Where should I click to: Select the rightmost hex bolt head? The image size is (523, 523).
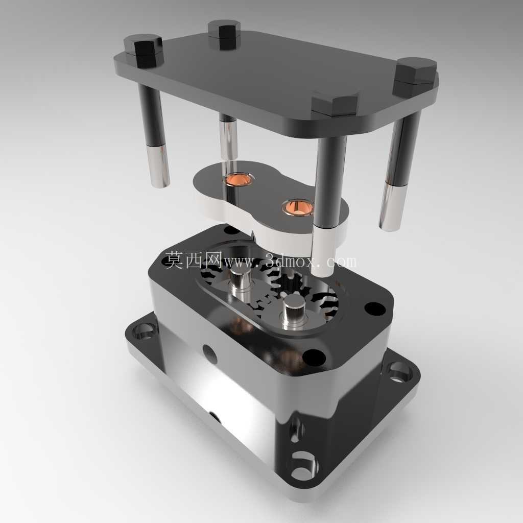pyautogui.click(x=416, y=76)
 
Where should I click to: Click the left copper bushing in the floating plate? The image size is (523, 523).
pyautogui.click(x=237, y=180)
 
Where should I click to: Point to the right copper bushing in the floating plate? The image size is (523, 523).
pyautogui.click(x=298, y=207)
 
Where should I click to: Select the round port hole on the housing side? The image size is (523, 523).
pyautogui.click(x=210, y=354)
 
